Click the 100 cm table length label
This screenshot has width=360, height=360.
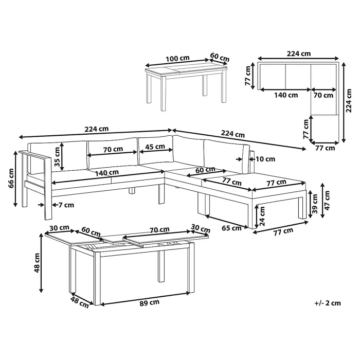coord(177,58)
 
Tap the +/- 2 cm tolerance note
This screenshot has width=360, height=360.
coord(328,303)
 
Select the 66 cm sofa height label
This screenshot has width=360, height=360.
coord(11,178)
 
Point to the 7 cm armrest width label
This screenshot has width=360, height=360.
coord(66,205)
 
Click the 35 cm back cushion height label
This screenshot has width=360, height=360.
coord(57,157)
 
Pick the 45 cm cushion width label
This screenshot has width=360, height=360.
coord(155,147)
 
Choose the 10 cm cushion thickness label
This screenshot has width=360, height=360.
coord(265,159)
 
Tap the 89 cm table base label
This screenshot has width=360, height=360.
coord(150,303)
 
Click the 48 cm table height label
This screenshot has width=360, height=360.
coord(37,263)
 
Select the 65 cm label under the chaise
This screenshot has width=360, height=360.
coord(231,228)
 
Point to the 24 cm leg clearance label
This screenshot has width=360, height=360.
coord(262,216)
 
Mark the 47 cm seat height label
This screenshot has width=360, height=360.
coord(327,200)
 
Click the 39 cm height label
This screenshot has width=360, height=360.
coord(315,204)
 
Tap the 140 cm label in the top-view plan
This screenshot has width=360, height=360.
coord(286,95)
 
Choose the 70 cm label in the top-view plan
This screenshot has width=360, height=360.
coord(323,95)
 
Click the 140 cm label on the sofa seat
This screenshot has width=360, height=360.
coord(107,173)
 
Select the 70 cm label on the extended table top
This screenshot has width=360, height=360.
coord(159,229)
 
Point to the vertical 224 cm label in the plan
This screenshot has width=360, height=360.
coord(349,101)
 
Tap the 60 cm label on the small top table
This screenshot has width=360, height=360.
coord(220,57)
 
